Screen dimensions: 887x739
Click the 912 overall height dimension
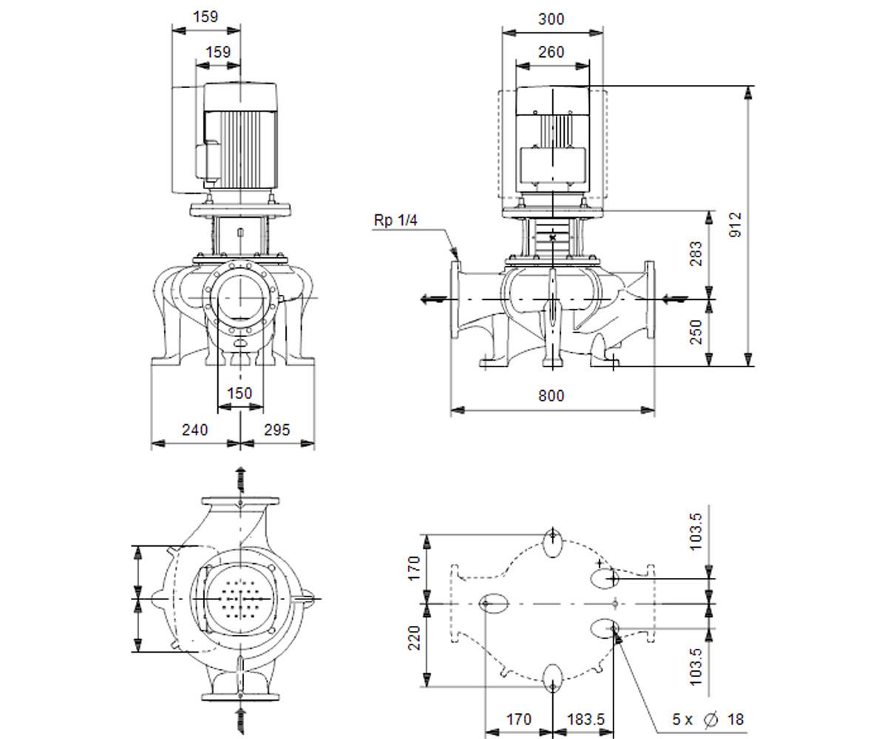coord(735,225)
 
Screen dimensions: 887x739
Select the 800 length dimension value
coord(551,396)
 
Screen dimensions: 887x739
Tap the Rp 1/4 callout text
coord(395,220)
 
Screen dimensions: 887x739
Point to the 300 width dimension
coord(551,19)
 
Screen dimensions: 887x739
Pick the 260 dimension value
coord(551,52)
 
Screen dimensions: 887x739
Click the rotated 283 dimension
coord(696,253)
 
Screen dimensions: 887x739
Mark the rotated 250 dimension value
coord(696,332)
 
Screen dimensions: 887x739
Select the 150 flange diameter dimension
coord(239,393)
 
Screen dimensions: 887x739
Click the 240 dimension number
coord(195,430)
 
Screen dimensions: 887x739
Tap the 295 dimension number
coord(277,430)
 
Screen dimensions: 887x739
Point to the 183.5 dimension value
coord(586,720)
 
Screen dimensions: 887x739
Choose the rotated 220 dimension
coord(414,638)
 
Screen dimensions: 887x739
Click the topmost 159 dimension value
coord(205,17)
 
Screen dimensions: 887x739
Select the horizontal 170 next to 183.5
coord(519,720)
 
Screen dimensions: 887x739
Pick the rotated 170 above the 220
coord(414,568)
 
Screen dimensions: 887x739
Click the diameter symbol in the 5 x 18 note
coord(710,720)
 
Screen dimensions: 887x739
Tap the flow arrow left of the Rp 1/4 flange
coord(433,299)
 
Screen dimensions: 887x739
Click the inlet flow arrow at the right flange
coord(674,299)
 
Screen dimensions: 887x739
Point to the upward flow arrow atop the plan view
coord(241,480)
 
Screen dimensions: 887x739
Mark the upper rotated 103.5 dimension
coord(696,532)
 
